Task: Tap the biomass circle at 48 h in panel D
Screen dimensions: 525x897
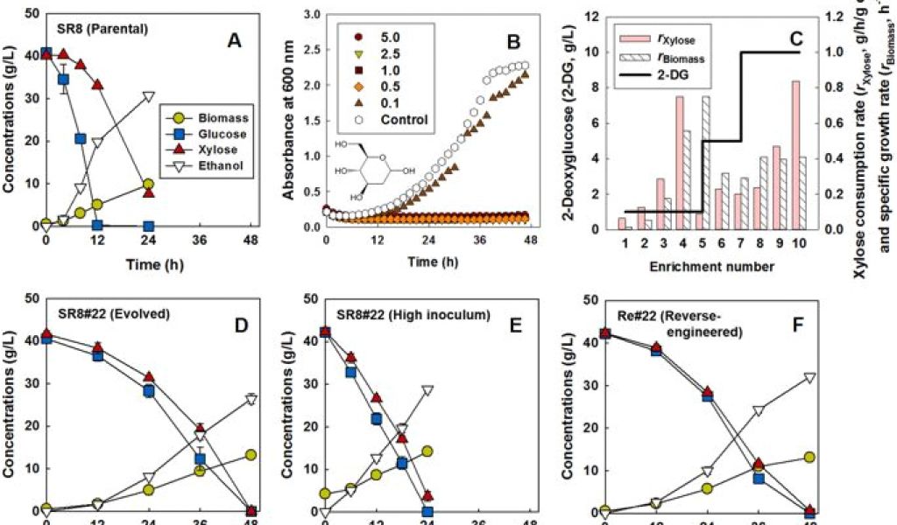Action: tap(251, 455)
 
